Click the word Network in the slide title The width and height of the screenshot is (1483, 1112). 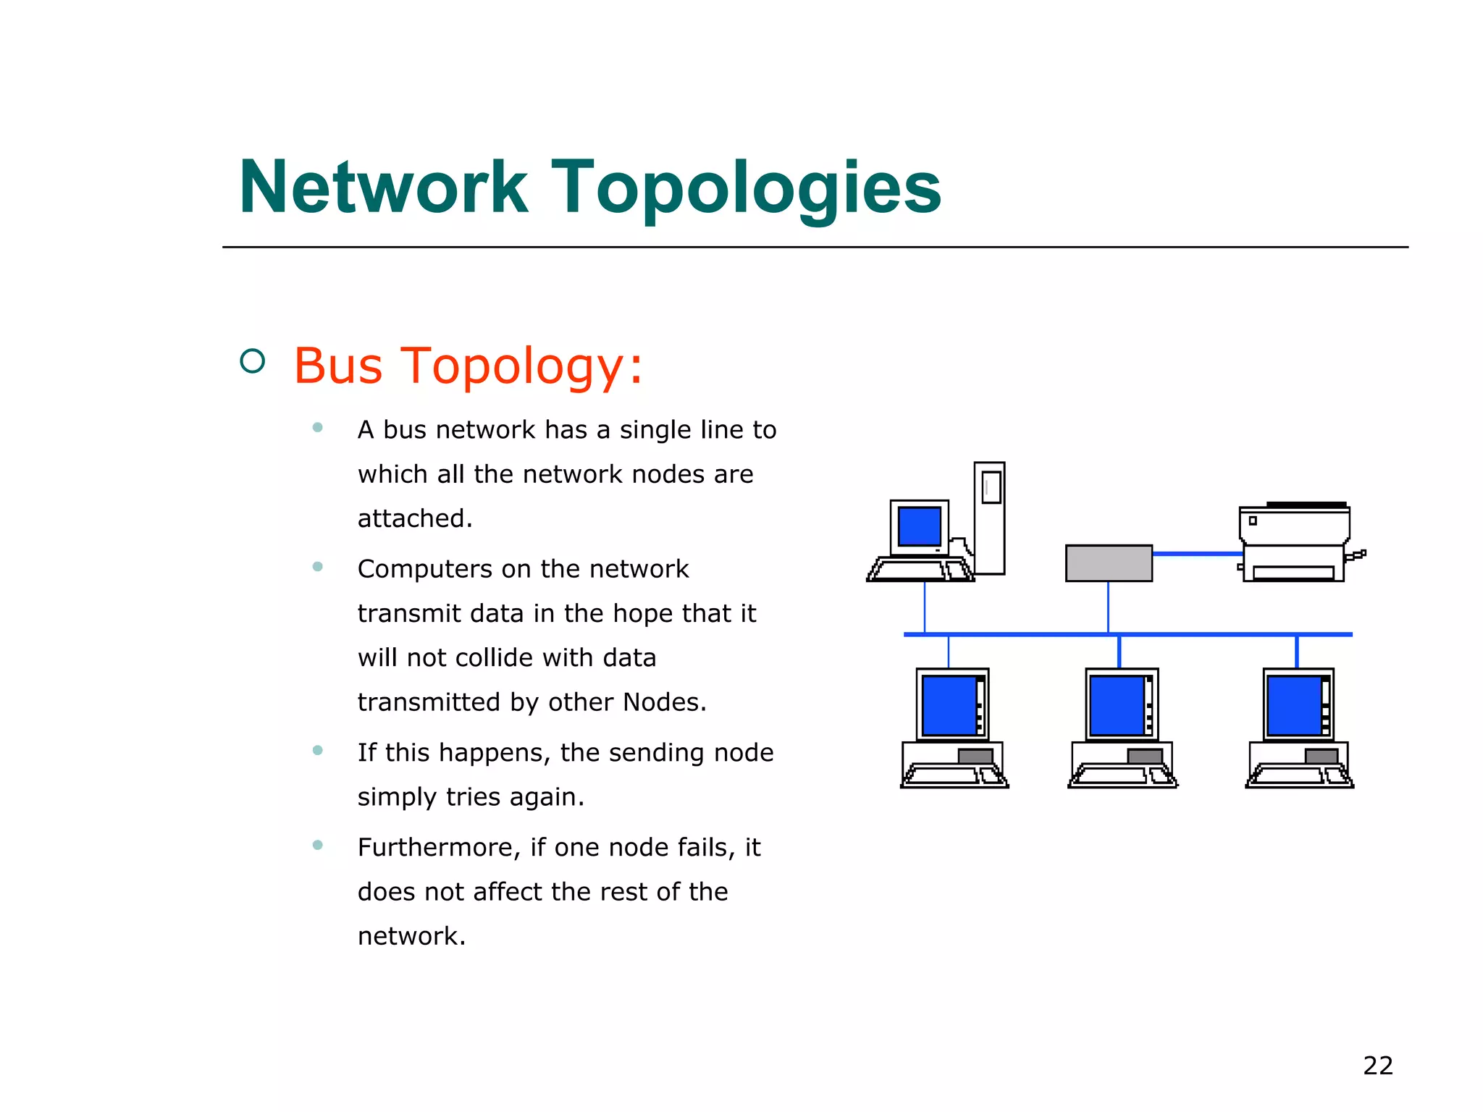[384, 188]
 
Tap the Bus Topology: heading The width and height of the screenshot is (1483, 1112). [468, 366]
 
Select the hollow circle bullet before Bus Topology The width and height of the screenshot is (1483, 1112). [252, 361]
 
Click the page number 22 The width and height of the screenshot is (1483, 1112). [1377, 1066]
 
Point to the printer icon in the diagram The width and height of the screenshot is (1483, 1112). [1295, 543]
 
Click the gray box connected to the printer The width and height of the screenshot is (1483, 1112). [1109, 563]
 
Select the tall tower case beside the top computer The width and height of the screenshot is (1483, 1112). [989, 518]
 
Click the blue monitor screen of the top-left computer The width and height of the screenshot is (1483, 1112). [919, 526]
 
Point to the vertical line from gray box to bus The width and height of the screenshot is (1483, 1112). [1108, 607]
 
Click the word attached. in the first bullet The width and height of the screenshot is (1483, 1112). [415, 519]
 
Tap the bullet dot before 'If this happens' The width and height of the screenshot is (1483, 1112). [317, 750]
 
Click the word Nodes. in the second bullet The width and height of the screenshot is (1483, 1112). [664, 702]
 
